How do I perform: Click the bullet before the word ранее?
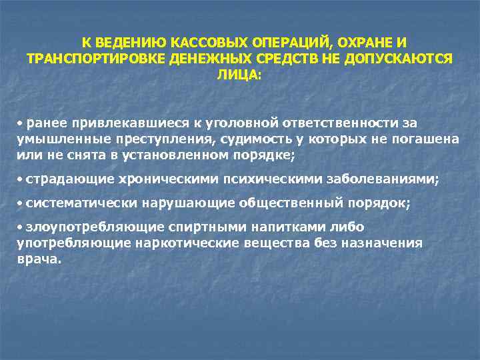pos(21,123)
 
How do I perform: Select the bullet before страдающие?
pos(21,179)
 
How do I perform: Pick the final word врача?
pos(39,259)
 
